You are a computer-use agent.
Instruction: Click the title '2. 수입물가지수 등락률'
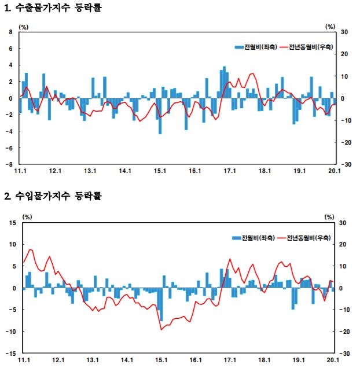[x=53, y=196]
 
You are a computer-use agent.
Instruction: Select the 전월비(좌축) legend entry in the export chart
[x=255, y=46]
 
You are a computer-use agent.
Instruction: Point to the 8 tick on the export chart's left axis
[x=10, y=32]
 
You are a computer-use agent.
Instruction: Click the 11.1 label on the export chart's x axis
[x=21, y=171]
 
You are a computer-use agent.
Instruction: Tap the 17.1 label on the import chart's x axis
[x=230, y=360]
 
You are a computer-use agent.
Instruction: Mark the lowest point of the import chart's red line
[x=161, y=329]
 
